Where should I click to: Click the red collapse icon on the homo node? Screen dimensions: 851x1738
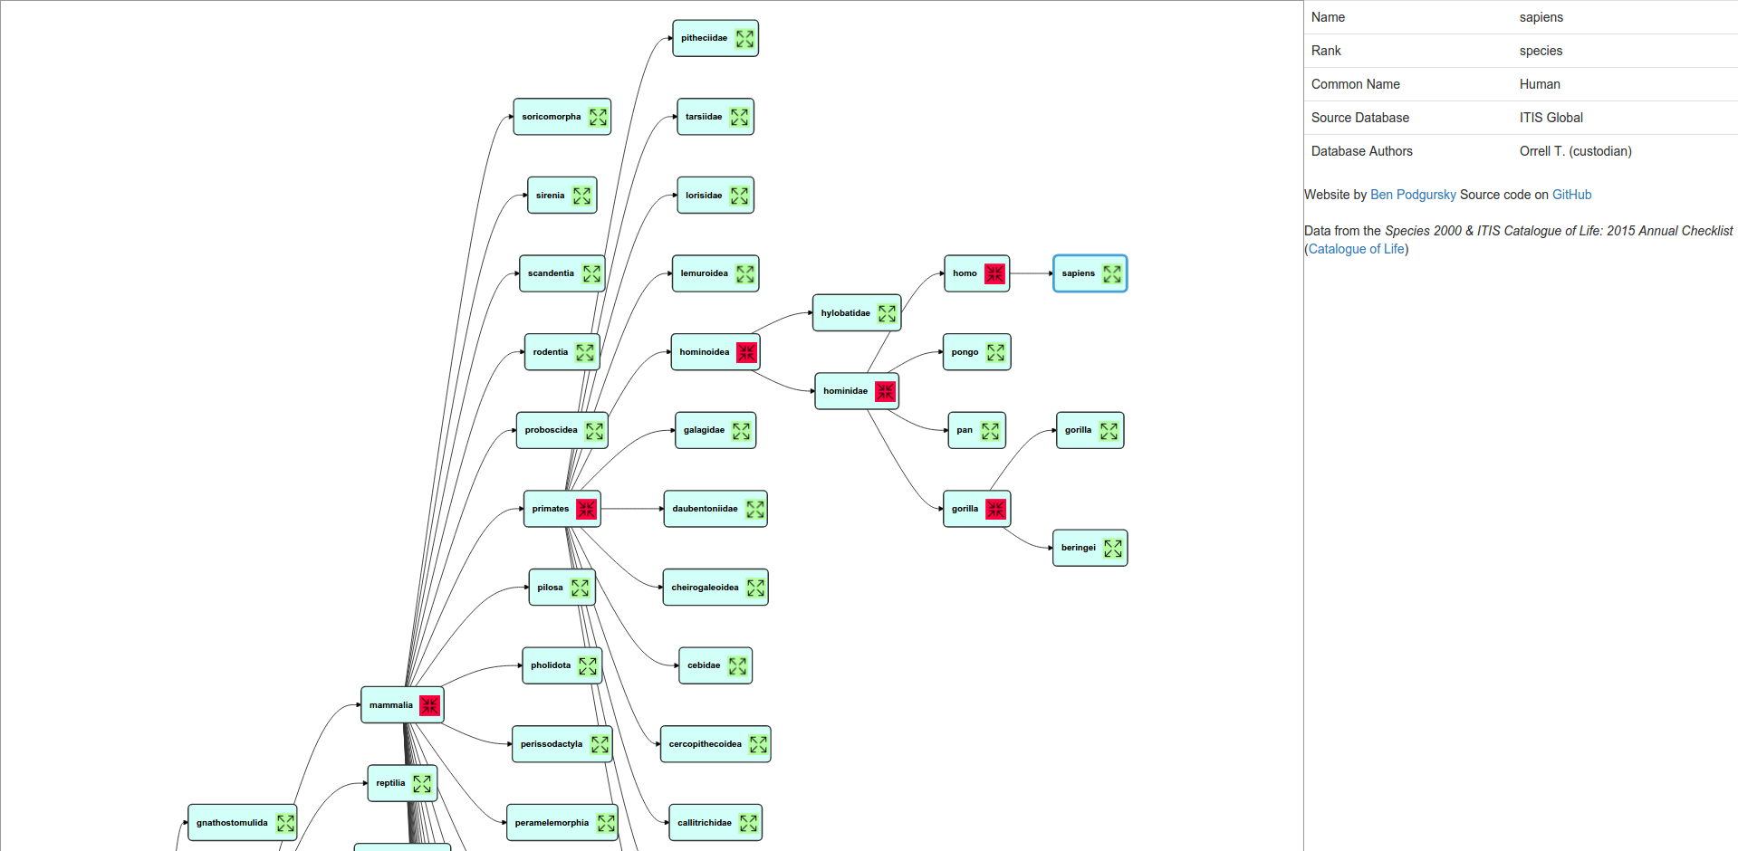[x=994, y=273]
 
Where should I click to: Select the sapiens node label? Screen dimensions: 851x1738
[x=1078, y=273]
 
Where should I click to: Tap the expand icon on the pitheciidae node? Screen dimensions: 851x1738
[x=744, y=39]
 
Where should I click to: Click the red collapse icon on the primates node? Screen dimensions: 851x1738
[x=587, y=509]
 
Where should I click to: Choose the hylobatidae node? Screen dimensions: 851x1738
[x=846, y=313]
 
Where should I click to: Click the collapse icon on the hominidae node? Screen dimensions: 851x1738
[x=885, y=391]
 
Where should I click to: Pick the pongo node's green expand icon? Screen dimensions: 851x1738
[x=995, y=352]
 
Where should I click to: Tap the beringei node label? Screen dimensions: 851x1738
[x=1078, y=548]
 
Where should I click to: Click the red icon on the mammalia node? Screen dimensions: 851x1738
[x=429, y=705]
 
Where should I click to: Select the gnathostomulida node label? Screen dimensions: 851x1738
[x=232, y=823]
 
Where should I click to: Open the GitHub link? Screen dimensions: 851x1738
[x=1571, y=195]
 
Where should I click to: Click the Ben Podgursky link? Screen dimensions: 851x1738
[x=1413, y=195]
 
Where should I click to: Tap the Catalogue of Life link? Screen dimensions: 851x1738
[x=1356, y=249]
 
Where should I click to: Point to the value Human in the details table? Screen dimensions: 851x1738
[x=1540, y=84]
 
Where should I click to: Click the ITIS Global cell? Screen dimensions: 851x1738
[x=1551, y=118]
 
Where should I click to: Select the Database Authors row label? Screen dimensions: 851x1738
[x=1361, y=151]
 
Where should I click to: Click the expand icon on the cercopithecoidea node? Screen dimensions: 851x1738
[x=758, y=744]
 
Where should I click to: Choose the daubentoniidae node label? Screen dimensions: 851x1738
[x=705, y=509]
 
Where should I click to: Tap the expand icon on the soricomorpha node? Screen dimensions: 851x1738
[x=598, y=117]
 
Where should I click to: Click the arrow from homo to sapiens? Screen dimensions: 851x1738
[x=1031, y=273]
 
